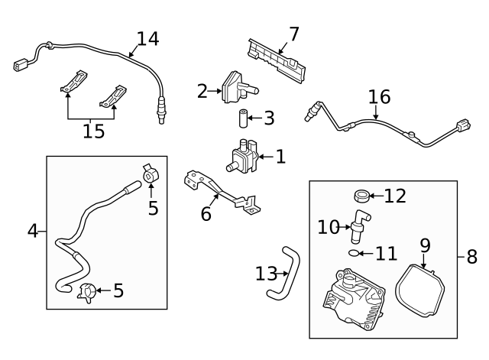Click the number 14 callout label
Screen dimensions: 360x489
148,39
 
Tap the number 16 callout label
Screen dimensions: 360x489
379,97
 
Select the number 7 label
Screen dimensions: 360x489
293,34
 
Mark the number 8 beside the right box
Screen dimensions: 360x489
471,257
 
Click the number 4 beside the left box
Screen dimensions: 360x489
32,229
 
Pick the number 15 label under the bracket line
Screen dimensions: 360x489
93,131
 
